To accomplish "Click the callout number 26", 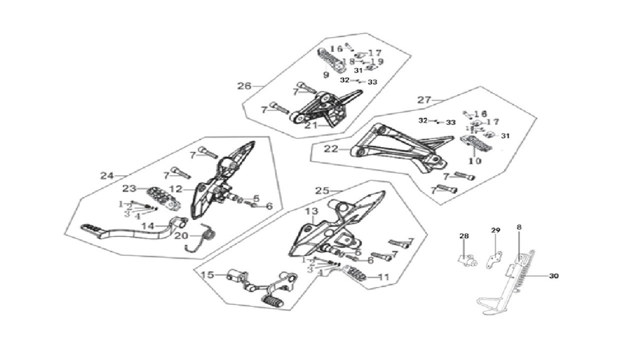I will tap(244, 85).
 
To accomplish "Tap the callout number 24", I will tap(107, 175).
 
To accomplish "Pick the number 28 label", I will tap(463, 236).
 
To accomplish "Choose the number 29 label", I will tap(495, 230).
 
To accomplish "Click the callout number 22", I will tap(331, 149).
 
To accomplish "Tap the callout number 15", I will tap(207, 275).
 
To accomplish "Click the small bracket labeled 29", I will tap(497, 257).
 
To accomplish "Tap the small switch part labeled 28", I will tap(466, 260).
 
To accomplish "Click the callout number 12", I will tap(176, 188).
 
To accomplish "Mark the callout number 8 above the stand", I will tap(519, 227).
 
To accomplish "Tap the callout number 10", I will tap(475, 161).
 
